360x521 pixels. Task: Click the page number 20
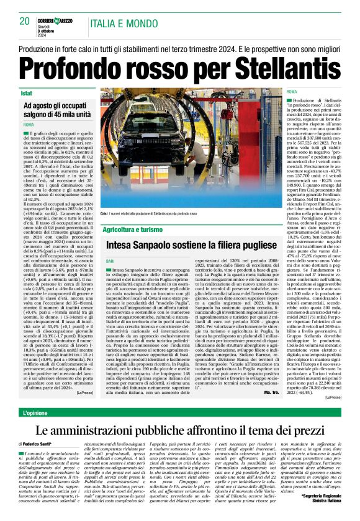pos(25,21)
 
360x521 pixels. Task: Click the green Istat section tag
pos(26,93)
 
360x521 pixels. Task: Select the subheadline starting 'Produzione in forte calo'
pos(179,47)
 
